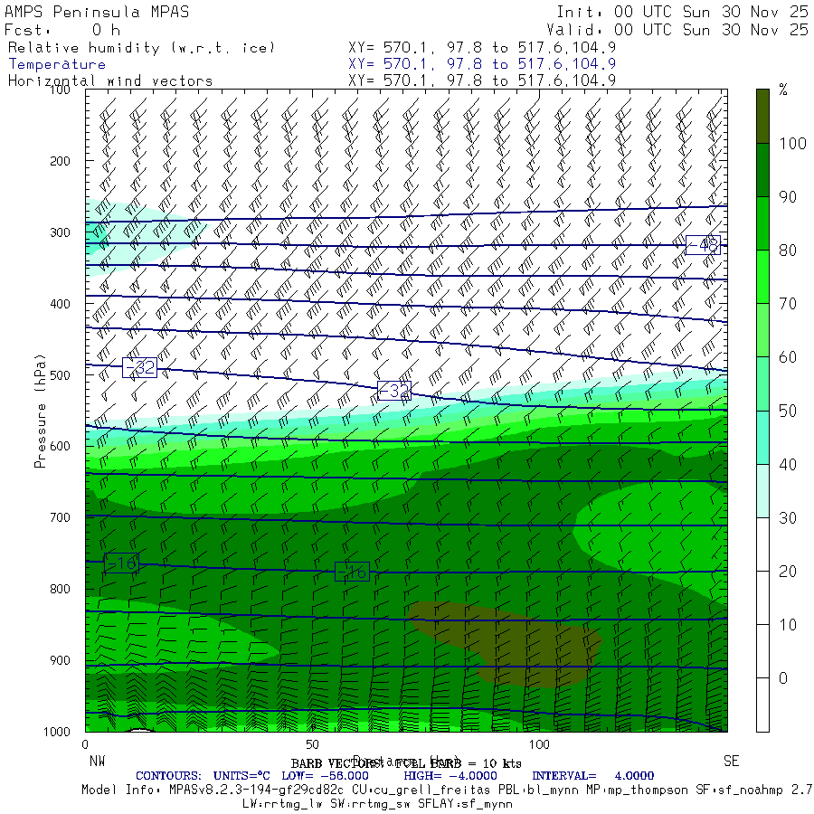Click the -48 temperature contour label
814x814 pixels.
(702, 244)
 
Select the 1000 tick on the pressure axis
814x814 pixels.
(56, 731)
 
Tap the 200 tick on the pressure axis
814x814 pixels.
(59, 161)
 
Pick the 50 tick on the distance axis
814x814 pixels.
(312, 744)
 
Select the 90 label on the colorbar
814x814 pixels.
(788, 196)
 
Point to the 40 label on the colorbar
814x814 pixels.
(788, 464)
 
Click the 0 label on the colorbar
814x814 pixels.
(783, 678)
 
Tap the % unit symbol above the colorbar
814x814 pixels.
(783, 90)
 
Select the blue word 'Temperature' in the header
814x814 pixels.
(57, 64)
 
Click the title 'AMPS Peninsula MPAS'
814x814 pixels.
(85, 13)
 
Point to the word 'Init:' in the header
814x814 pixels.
(580, 13)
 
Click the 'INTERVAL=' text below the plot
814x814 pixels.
(563, 775)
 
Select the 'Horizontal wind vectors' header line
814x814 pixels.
(110, 80)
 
